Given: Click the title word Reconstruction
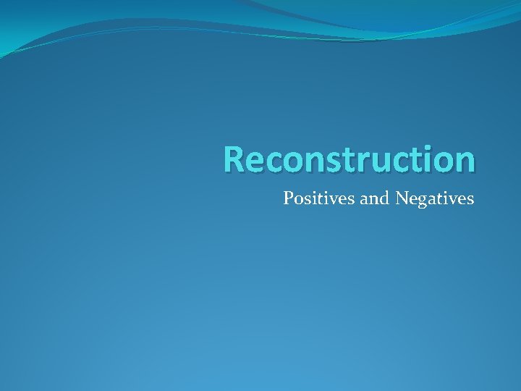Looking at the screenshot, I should pyautogui.click(x=349, y=159).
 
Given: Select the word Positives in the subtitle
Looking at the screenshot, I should pyautogui.click(x=319, y=198).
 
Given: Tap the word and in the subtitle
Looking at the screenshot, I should pyautogui.click(x=375, y=198).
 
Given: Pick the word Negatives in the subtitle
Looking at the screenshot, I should pyautogui.click(x=435, y=198).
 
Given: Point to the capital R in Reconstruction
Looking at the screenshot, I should pyautogui.click(x=234, y=159).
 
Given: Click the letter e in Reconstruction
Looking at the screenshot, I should pyautogui.click(x=255, y=161).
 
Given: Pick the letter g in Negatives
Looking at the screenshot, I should pyautogui.click(x=422, y=201).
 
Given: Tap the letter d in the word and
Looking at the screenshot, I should pyautogui.click(x=384, y=197).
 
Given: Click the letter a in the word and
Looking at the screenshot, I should pyautogui.click(x=365, y=199).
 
